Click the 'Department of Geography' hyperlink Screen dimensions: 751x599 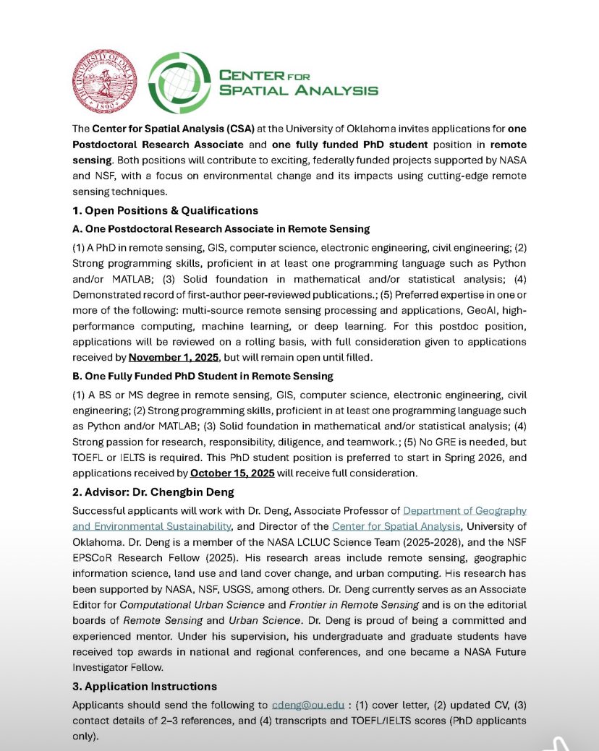pos(464,510)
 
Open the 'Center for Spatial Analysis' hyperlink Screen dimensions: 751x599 pos(396,525)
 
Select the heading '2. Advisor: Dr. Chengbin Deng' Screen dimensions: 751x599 pos(153,492)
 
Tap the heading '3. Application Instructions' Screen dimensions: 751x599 pos(145,686)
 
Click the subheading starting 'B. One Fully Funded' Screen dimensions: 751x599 pos(203,375)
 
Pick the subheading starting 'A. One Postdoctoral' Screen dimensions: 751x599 pos(221,228)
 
